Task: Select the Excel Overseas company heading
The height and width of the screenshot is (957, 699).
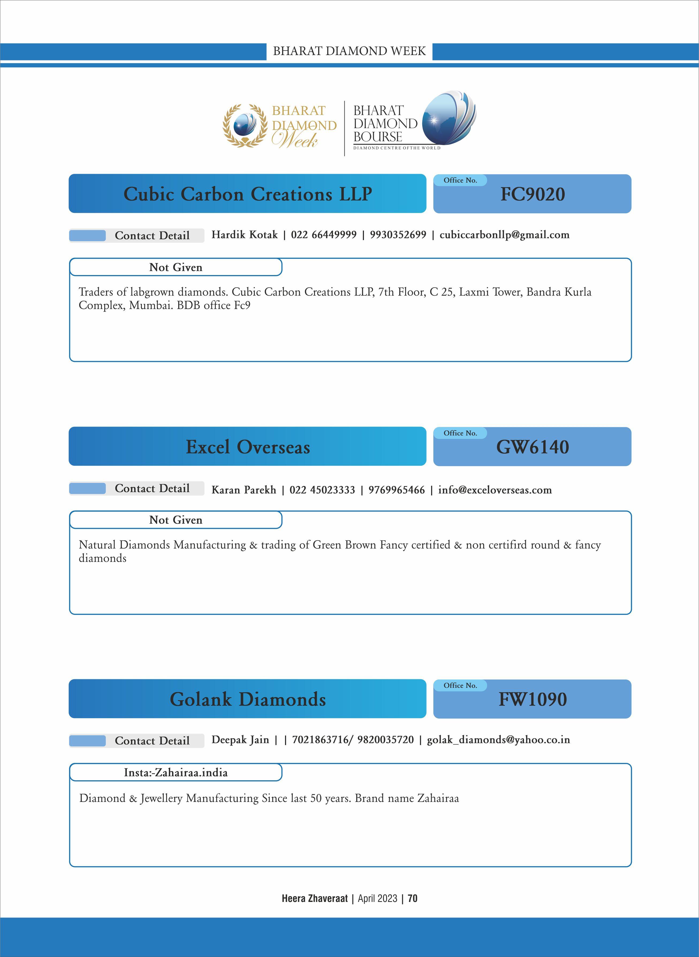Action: click(x=248, y=447)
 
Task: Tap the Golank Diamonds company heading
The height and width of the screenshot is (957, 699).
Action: click(x=248, y=699)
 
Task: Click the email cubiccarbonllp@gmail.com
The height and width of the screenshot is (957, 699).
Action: click(x=504, y=235)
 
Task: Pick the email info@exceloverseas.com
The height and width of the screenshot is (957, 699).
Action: click(x=495, y=490)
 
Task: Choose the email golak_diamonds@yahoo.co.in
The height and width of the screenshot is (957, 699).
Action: click(x=498, y=740)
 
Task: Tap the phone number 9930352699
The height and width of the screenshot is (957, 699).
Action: click(x=398, y=235)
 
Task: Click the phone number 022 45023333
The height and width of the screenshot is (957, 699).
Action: click(x=322, y=490)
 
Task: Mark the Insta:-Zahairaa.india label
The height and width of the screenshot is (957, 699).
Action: click(x=176, y=773)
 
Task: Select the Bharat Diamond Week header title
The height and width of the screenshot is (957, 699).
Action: click(x=349, y=51)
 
